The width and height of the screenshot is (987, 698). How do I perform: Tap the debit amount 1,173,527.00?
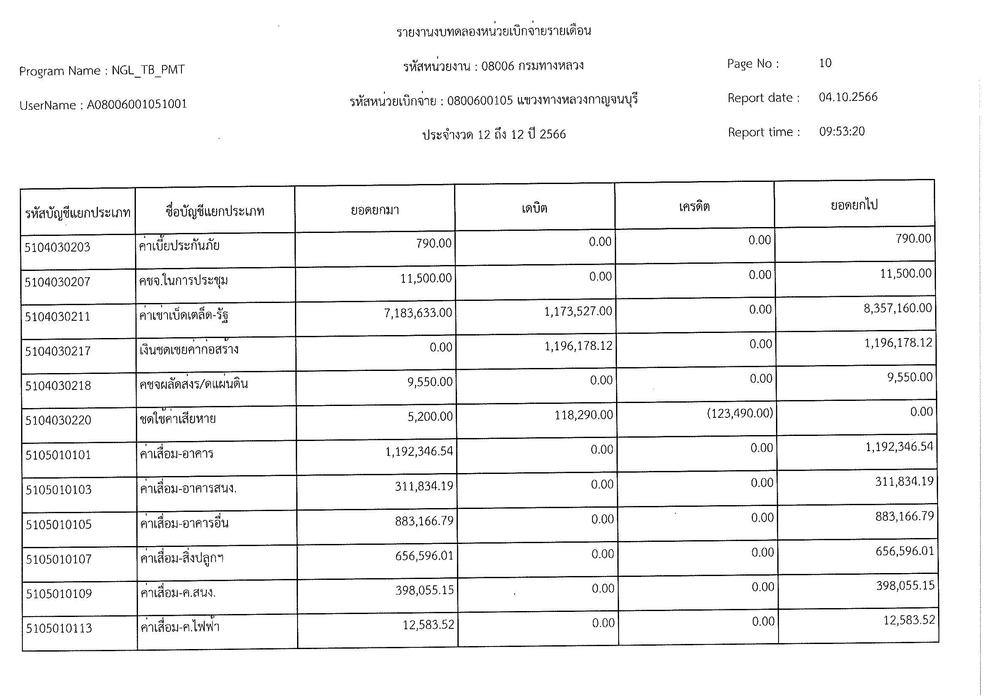[x=578, y=311]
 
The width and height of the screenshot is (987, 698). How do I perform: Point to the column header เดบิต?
[x=534, y=209]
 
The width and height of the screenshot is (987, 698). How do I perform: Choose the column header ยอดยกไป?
[x=854, y=205]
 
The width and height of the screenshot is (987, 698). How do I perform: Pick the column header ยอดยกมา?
[x=375, y=211]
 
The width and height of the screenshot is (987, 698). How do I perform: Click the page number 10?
[x=825, y=63]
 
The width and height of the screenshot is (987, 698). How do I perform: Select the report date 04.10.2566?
[x=848, y=97]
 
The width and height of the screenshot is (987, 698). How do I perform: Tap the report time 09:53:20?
[x=842, y=132]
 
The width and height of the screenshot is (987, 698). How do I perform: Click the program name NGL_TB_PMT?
[x=148, y=70]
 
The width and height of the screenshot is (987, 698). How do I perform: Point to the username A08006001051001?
[x=137, y=104]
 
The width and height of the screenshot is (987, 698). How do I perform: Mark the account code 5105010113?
[x=59, y=628]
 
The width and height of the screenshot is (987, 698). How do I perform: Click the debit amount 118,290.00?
[x=584, y=415]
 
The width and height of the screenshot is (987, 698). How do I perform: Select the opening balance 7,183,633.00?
[x=418, y=313]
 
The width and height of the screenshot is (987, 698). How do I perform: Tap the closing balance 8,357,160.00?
[x=898, y=308]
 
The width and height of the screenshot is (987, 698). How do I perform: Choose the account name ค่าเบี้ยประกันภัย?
[x=179, y=246]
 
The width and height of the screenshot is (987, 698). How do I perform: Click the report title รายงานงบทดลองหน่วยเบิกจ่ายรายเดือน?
[x=494, y=31]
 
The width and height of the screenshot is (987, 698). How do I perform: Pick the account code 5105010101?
[x=58, y=455]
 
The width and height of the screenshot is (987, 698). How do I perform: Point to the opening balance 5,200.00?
[x=430, y=417]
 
